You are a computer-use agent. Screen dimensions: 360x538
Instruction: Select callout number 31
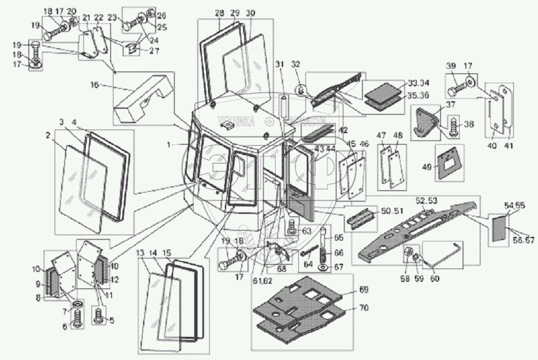pyautogui.click(x=279, y=64)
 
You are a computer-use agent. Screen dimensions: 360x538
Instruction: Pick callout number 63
pyautogui.click(x=306, y=231)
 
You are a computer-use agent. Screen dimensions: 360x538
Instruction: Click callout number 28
pyautogui.click(x=219, y=14)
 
